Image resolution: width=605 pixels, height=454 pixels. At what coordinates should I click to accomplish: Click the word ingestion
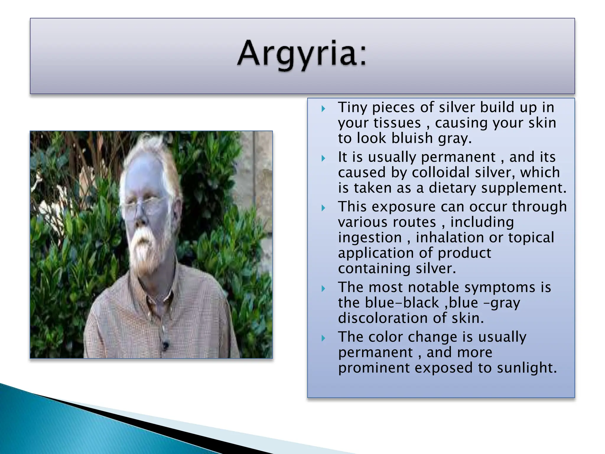tap(370, 238)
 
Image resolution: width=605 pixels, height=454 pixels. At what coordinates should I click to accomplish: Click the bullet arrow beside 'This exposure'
tap(323, 208)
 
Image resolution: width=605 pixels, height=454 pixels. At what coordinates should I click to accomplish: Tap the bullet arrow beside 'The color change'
tap(323, 338)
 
